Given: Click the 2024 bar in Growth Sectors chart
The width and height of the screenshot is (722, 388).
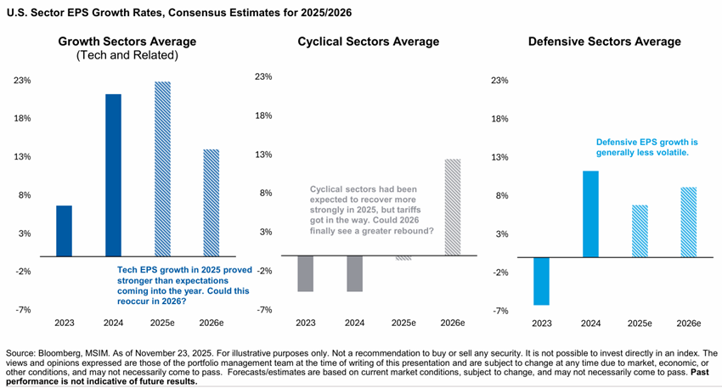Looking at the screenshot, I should pyautogui.click(x=113, y=174).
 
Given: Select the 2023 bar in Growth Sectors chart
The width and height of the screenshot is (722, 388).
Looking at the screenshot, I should pyautogui.click(x=65, y=230).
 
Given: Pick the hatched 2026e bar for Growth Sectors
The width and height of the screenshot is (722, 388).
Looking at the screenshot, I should pyautogui.click(x=211, y=202).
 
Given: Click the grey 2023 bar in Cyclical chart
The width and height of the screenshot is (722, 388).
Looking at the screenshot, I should pyautogui.click(x=306, y=273).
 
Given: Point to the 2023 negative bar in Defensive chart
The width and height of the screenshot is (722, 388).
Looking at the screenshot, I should pyautogui.click(x=540, y=280).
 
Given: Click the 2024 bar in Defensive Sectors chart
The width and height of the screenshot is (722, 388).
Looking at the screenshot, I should pyautogui.click(x=589, y=213).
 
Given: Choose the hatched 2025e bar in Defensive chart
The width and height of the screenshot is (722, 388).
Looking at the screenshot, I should pyautogui.click(x=638, y=230).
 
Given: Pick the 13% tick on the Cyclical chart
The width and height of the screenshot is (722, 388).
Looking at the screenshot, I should pyautogui.click(x=264, y=155).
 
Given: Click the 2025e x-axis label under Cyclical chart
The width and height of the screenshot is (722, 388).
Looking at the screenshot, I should pyautogui.click(x=403, y=323).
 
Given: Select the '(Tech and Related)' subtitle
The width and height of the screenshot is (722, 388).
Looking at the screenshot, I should pyautogui.click(x=127, y=55).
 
